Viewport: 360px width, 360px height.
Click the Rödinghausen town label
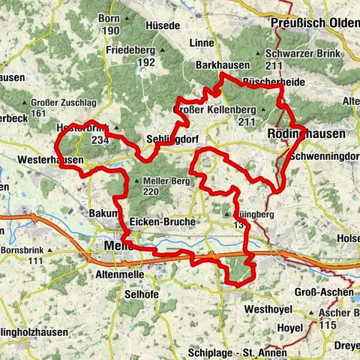tap(306, 133)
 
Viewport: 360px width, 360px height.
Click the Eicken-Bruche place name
tap(163, 223)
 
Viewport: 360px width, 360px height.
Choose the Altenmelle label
tap(115, 276)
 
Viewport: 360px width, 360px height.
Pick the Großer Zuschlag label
tap(64, 102)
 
